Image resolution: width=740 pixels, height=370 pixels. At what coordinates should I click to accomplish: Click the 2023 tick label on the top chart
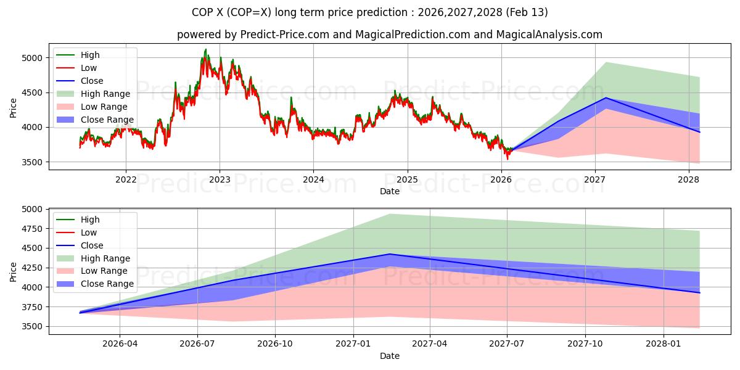pyautogui.click(x=220, y=179)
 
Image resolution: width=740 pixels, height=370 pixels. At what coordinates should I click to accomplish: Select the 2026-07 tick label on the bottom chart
pyautogui.click(x=197, y=343)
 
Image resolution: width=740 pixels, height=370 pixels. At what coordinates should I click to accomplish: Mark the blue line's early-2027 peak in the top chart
pyautogui.click(x=606, y=97)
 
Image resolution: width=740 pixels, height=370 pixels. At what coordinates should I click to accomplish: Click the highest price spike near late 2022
pyautogui.click(x=205, y=49)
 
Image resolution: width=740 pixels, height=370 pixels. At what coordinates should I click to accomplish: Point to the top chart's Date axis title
pyautogui.click(x=389, y=191)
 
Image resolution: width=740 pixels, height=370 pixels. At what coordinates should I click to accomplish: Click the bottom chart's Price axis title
pyautogui.click(x=14, y=272)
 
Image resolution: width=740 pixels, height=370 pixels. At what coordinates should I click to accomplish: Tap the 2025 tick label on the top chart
pyautogui.click(x=407, y=179)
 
